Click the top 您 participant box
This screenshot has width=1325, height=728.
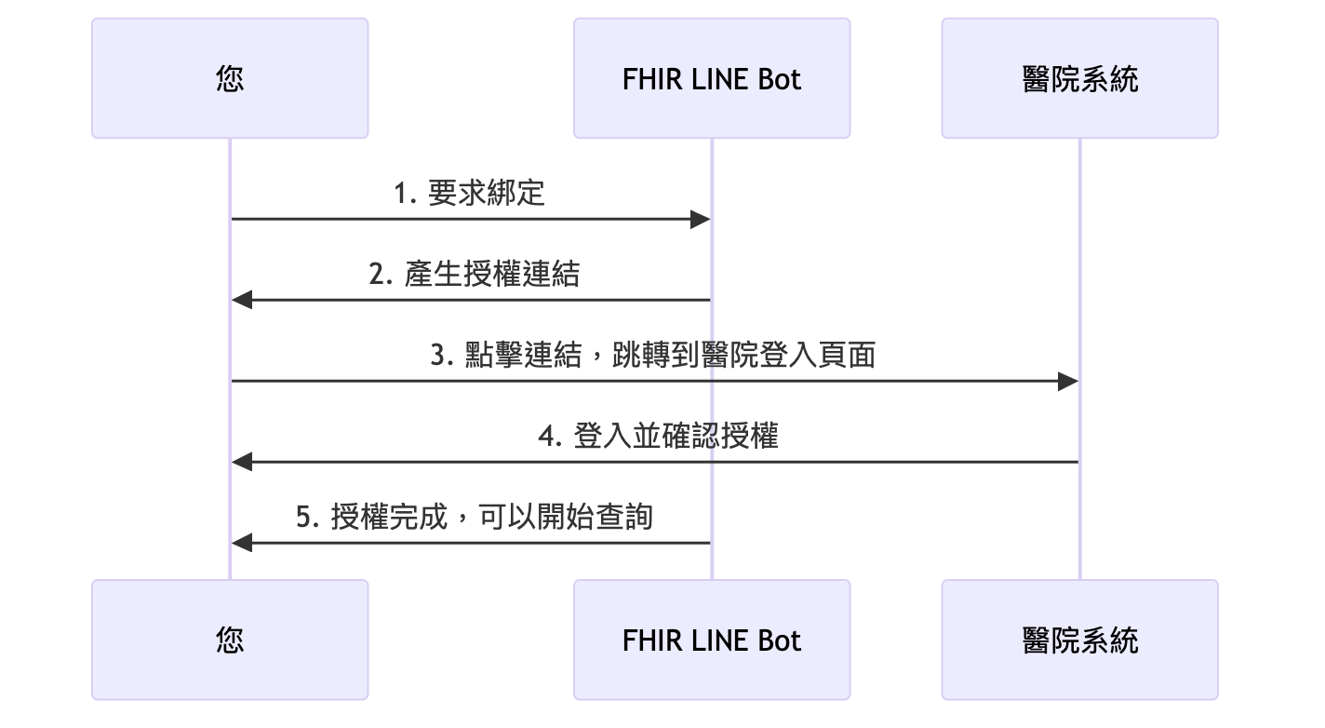point(230,78)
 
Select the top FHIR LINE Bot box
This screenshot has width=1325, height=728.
point(712,78)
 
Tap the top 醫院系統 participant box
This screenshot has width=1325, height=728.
point(1079,78)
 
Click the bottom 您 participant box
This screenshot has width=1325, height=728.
point(230,640)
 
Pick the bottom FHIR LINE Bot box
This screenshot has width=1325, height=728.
point(712,640)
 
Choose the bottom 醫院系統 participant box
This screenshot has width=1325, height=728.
point(1079,640)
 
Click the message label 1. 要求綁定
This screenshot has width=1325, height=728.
point(470,193)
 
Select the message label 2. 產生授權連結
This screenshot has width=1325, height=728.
point(474,274)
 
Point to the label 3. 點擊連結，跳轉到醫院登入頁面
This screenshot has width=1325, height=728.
point(653,355)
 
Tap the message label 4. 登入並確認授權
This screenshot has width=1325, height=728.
point(658,436)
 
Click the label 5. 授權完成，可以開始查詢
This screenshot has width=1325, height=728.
point(475,517)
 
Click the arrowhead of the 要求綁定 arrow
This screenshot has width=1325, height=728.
point(702,219)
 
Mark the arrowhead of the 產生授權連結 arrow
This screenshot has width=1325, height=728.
point(241,300)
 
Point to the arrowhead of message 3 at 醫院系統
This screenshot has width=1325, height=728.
point(1069,381)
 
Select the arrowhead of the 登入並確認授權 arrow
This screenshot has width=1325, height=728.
point(241,462)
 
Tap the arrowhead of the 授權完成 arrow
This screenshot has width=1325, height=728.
point(241,543)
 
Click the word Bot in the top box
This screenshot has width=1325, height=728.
point(779,79)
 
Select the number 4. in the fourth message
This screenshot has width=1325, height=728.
point(551,437)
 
